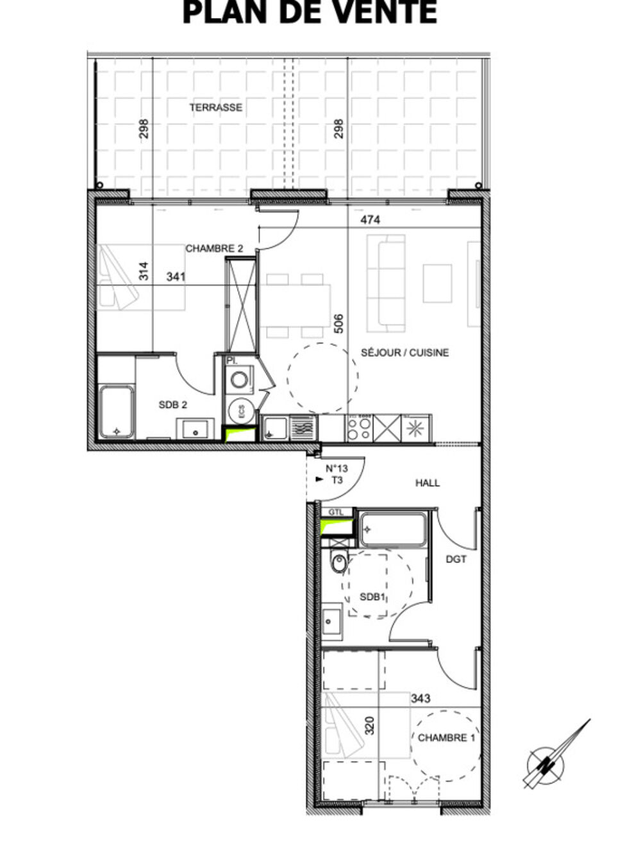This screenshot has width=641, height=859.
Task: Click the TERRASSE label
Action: [215, 107]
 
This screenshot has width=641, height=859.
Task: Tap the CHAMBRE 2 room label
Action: [214, 249]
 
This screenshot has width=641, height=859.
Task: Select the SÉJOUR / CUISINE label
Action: [404, 353]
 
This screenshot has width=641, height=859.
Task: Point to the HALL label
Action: [428, 483]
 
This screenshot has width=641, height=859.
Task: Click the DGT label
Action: [456, 560]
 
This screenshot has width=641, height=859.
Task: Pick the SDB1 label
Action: [373, 597]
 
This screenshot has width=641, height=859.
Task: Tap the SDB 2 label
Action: [172, 404]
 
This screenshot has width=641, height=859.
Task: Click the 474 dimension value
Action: [370, 220]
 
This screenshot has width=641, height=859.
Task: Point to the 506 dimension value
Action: [339, 324]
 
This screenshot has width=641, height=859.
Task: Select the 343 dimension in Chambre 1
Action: [420, 698]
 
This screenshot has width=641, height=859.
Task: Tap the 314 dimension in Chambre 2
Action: [144, 271]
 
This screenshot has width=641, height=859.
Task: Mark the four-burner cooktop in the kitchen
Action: [359, 428]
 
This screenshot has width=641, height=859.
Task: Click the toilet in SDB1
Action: [338, 562]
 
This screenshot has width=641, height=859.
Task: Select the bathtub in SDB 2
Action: [116, 412]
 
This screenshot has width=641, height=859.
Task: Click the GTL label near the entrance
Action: [336, 512]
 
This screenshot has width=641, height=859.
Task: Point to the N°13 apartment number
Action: [337, 469]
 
